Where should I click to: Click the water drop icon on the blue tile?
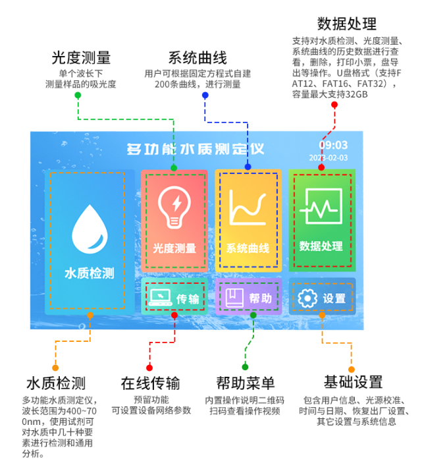[x=90, y=227]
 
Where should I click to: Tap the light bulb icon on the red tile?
[x=174, y=207]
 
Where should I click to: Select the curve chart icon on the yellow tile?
[x=248, y=207]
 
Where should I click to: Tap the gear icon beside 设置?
[x=307, y=298]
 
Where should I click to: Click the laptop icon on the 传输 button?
[x=160, y=298]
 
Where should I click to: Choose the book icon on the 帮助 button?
[x=234, y=298]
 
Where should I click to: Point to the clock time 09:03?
[x=333, y=145]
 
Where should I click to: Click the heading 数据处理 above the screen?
[x=346, y=24]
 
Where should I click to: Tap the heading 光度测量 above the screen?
[x=82, y=57]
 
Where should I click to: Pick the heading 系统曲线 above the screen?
[x=197, y=57]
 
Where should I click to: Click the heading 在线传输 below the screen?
[x=150, y=383]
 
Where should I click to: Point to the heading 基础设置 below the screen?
[x=353, y=382]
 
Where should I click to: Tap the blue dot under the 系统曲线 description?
[x=205, y=96]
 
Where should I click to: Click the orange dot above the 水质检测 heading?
[x=55, y=368]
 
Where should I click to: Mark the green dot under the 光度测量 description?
[x=78, y=96]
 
